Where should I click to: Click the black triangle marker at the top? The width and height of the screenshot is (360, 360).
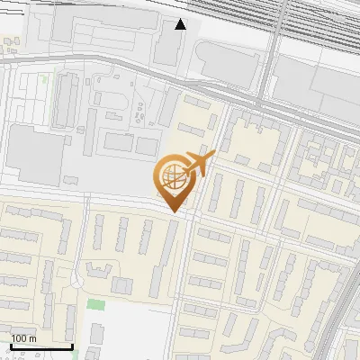coord(181,24)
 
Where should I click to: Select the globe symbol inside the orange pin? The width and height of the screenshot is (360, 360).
coord(172,178)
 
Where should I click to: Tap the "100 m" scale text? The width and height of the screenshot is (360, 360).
coord(24,338)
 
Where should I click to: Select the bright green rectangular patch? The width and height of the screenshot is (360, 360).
coord(94,304)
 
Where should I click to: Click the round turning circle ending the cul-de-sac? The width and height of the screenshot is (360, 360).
coord(77,283)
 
